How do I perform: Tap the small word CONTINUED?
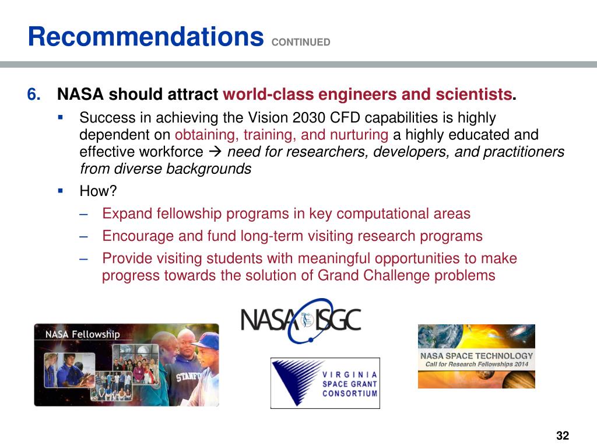[301, 42]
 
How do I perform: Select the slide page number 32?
[563, 436]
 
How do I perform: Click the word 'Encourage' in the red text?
[130, 236]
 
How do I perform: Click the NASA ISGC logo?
[301, 321]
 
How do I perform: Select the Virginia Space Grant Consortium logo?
[325, 383]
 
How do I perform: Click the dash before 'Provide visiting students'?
[85, 258]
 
